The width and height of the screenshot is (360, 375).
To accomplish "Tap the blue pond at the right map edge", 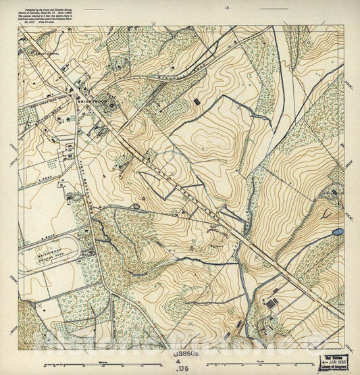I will click(x=337, y=232).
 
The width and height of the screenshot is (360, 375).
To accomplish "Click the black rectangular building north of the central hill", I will click(x=197, y=101).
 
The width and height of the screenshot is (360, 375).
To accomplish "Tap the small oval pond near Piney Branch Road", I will click(x=137, y=205).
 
